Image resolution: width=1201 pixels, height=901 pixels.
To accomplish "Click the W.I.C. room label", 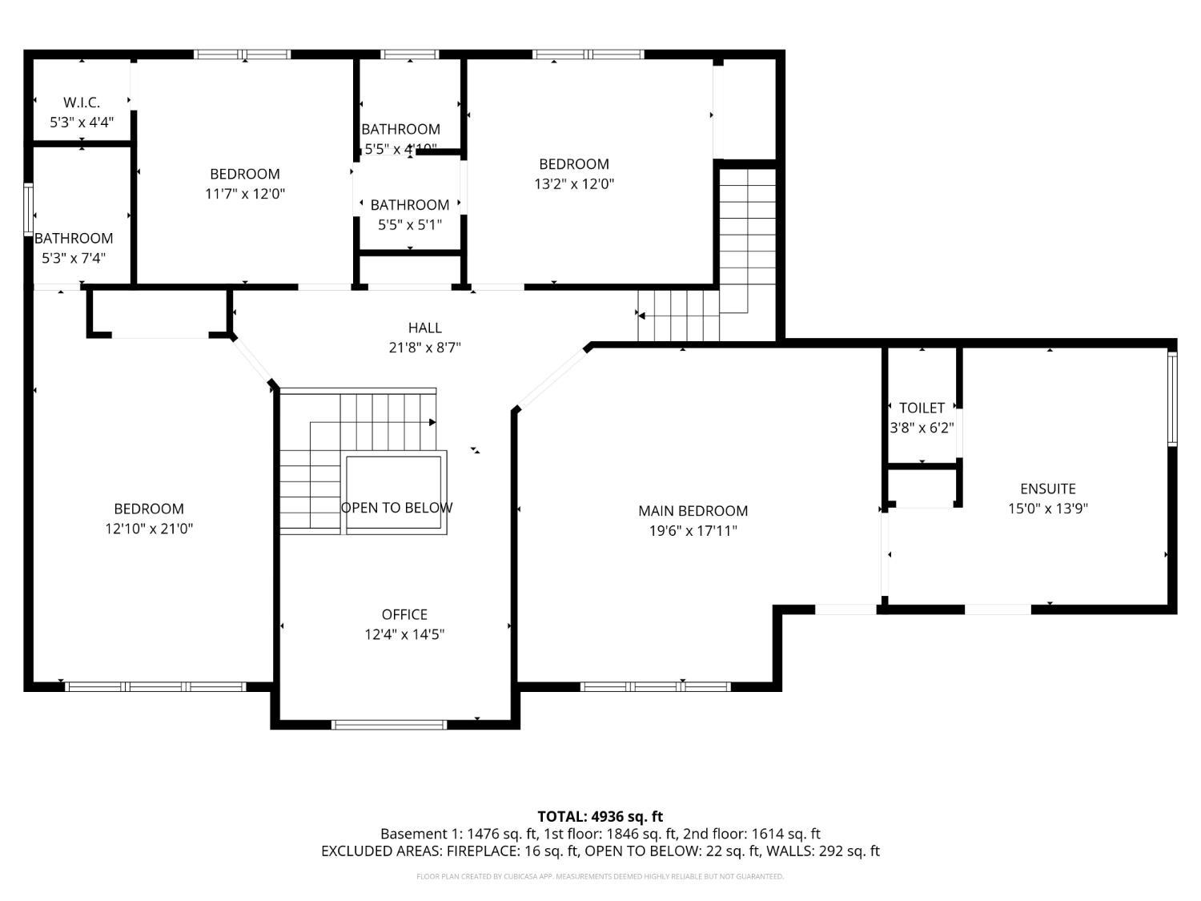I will pyautogui.click(x=82, y=103).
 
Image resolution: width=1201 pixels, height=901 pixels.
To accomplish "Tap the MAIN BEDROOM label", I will pyautogui.click(x=693, y=511).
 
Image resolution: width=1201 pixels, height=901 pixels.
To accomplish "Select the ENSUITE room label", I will pyautogui.click(x=1047, y=489).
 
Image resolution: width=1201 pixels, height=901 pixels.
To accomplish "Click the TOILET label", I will pyautogui.click(x=922, y=408).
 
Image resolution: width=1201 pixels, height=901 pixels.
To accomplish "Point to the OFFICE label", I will pyautogui.click(x=404, y=614).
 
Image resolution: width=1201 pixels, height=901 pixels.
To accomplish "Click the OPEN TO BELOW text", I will pyautogui.click(x=396, y=508).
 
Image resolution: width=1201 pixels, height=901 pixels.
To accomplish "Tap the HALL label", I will pyautogui.click(x=424, y=328).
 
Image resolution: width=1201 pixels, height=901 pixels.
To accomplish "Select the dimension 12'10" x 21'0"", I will pyautogui.click(x=149, y=529).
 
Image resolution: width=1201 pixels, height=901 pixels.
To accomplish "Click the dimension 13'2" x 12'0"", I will pyautogui.click(x=574, y=183).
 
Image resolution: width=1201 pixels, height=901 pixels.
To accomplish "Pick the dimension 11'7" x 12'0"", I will pyautogui.click(x=245, y=193).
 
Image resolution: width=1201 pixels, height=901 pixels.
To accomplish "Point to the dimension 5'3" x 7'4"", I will pyautogui.click(x=74, y=258).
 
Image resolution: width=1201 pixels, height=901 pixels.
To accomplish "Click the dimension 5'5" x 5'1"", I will pyautogui.click(x=410, y=225).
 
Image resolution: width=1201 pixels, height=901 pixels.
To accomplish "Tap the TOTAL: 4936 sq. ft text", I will pyautogui.click(x=600, y=817).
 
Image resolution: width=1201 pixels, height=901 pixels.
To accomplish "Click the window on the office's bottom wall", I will pyautogui.click(x=389, y=725).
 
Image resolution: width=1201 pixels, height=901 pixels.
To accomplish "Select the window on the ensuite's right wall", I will pyautogui.click(x=1172, y=398).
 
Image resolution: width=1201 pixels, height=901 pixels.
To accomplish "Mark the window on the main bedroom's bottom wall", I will pyautogui.click(x=655, y=686).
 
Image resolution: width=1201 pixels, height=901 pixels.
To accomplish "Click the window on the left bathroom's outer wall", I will pyautogui.click(x=29, y=209).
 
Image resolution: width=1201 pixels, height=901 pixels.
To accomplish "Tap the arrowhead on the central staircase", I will pyautogui.click(x=432, y=422).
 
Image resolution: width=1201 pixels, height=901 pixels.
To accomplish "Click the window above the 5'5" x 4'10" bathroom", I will pyautogui.click(x=409, y=54).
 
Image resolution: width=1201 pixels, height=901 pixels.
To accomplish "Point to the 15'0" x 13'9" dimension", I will pyautogui.click(x=1047, y=509).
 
